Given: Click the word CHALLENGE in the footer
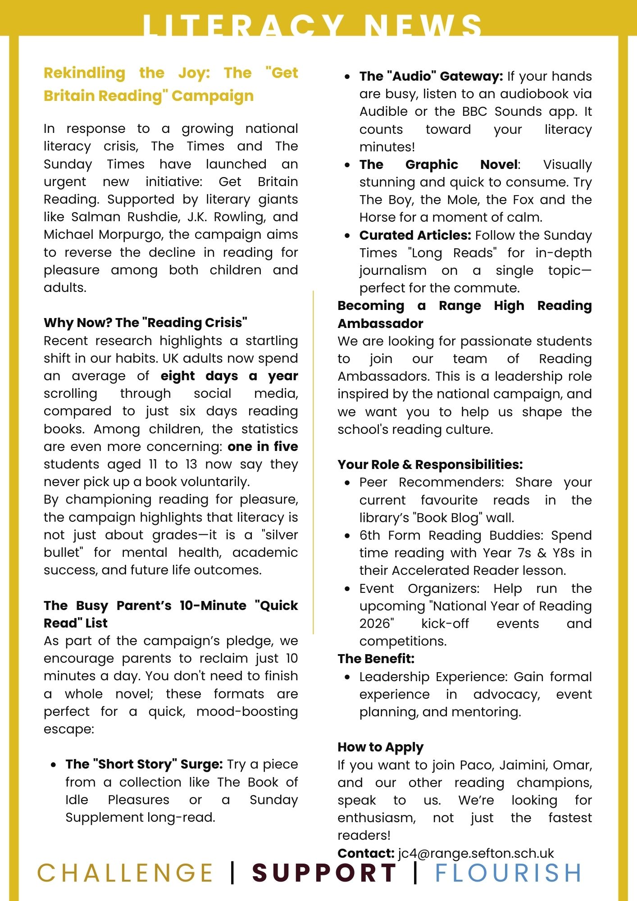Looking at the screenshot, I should (x=125, y=873).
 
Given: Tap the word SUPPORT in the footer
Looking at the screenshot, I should (x=324, y=873).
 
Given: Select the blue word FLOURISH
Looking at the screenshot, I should (x=508, y=873).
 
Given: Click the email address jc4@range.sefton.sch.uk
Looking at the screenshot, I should (x=476, y=853).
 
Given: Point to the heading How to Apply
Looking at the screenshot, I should (x=380, y=747).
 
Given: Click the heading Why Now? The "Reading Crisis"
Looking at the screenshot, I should (x=146, y=323).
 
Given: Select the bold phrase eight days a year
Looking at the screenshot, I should (x=229, y=376).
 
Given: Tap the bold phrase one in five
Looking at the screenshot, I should (x=263, y=446).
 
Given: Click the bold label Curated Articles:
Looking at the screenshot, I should (x=415, y=235).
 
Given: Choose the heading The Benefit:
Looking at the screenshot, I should (x=376, y=659).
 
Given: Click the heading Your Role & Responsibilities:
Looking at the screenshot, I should (x=430, y=464).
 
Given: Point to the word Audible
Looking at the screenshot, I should (x=383, y=111).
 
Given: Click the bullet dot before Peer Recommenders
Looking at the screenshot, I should (x=347, y=483).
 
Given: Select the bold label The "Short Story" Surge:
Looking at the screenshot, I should (x=144, y=764).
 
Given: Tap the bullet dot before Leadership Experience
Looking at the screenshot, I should (x=347, y=677).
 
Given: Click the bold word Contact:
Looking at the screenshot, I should (x=366, y=853).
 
